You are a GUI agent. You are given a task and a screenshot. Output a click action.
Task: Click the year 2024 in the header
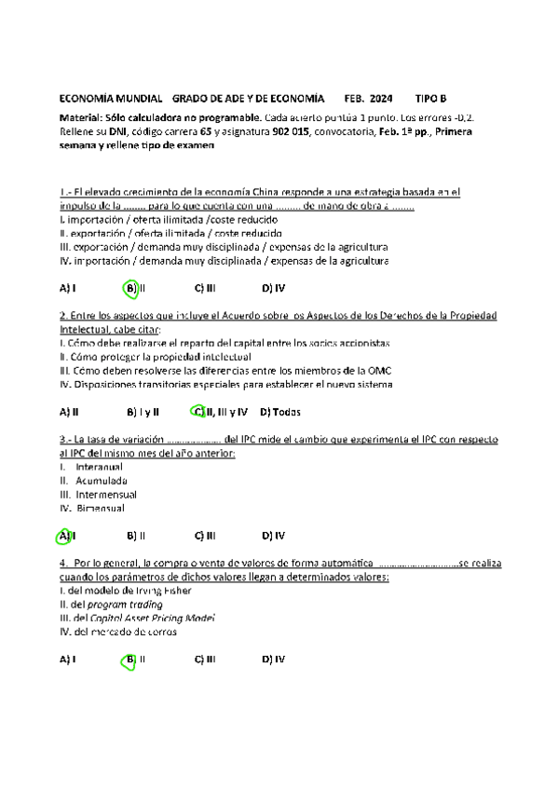[x=381, y=98]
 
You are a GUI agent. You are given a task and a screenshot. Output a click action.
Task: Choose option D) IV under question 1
[x=273, y=288]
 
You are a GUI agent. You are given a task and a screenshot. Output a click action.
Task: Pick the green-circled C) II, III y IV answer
[x=220, y=411]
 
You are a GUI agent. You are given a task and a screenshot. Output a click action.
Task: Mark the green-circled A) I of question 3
[x=65, y=536]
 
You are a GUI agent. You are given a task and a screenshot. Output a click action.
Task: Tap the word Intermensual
[x=105, y=495]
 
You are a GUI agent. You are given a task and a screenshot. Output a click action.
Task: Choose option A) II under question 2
[x=68, y=411]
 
